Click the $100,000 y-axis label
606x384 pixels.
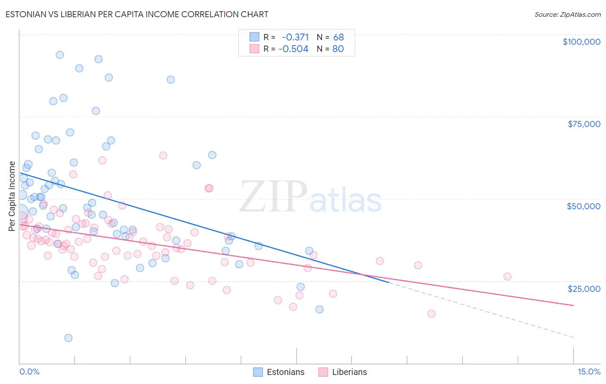coord(581,42)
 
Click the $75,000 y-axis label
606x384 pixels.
coord(584,124)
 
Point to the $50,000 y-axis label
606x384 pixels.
coord(584,206)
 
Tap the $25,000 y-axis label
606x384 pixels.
coord(584,288)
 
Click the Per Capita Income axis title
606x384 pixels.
coord(12,196)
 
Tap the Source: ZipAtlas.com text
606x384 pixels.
coord(567,15)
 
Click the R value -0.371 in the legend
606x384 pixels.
coord(295,37)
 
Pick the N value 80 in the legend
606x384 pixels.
coord(338,49)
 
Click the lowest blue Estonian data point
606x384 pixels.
coord(68,338)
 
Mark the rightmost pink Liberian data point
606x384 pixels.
coord(507,276)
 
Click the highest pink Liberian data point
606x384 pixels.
coord(163,155)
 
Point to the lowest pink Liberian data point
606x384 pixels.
coord(431,314)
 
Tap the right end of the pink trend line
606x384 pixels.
coord(573,305)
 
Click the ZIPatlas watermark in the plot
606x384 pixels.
coord(310,197)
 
